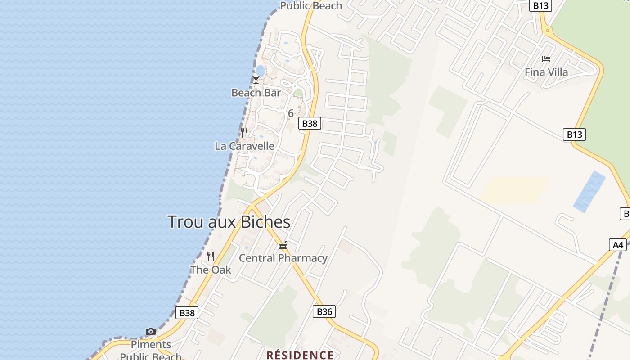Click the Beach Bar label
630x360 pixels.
pyautogui.click(x=256, y=93)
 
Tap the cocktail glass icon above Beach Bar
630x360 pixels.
pyautogui.click(x=256, y=80)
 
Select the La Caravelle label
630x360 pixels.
pyautogui.click(x=244, y=146)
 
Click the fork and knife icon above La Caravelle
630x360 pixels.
pyautogui.click(x=244, y=132)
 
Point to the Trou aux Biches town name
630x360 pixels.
pyautogui.click(x=229, y=222)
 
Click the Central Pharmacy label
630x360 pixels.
pyautogui.click(x=283, y=258)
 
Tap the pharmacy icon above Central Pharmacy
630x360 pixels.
pyautogui.click(x=283, y=246)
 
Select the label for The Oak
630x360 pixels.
pyautogui.click(x=211, y=270)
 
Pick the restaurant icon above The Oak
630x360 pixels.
pyautogui.click(x=211, y=256)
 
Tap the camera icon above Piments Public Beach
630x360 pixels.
pyautogui.click(x=151, y=332)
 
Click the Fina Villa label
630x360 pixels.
pyautogui.click(x=546, y=72)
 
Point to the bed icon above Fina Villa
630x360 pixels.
pyautogui.click(x=546, y=59)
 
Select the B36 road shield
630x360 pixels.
pyautogui.click(x=324, y=311)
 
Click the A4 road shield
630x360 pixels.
pyautogui.click(x=618, y=245)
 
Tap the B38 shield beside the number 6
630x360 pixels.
pyautogui.click(x=310, y=123)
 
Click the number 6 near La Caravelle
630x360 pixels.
pyautogui.click(x=291, y=113)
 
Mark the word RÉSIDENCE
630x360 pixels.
pyautogui.click(x=300, y=355)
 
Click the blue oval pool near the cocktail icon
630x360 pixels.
pyautogui.click(x=260, y=71)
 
